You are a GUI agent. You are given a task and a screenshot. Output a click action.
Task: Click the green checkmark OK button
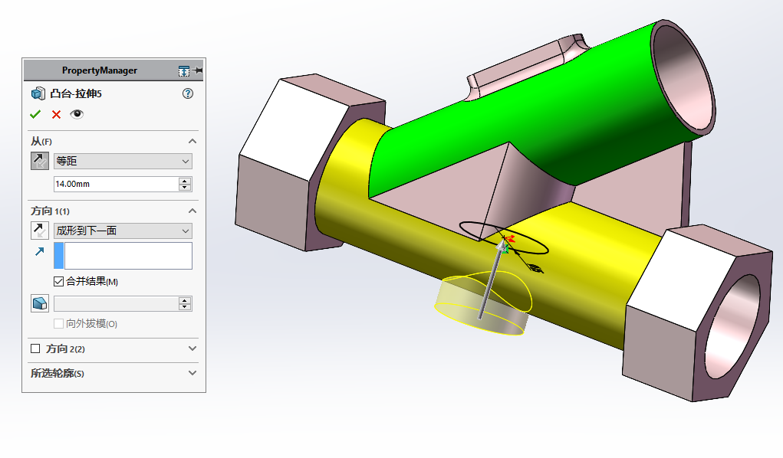35,114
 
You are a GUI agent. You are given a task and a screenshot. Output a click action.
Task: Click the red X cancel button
56,114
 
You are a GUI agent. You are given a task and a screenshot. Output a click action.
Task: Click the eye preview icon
77,114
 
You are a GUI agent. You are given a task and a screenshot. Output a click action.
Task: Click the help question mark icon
188,93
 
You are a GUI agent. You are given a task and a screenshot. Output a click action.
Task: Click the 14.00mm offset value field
115,184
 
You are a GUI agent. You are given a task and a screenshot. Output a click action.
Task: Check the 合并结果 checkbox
59,281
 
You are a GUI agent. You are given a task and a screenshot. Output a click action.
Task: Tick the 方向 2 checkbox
35,348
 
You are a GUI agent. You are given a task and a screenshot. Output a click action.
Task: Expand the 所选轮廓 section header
114,373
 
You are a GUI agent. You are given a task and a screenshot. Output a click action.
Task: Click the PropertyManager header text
100,70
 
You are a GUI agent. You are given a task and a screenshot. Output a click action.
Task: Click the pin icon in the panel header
199,70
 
